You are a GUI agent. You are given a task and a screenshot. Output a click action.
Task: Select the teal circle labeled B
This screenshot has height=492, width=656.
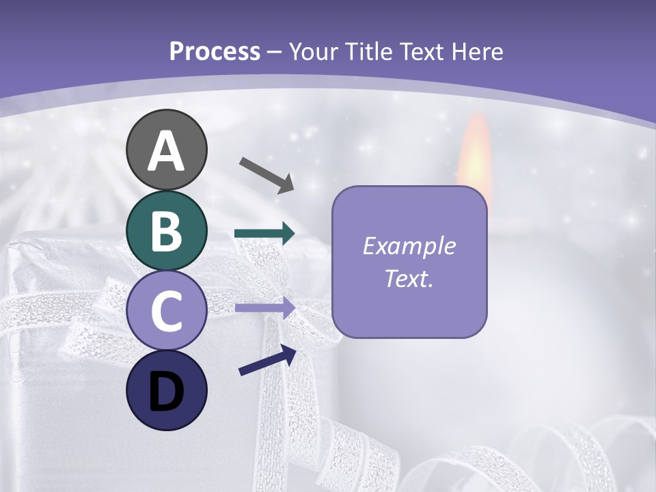point(166,231)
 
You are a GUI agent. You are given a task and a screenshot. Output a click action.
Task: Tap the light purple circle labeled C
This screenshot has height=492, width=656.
point(166,311)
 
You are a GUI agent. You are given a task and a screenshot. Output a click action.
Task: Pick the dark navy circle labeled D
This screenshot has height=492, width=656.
point(166,390)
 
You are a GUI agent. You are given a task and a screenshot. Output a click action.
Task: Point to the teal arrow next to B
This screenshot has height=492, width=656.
point(264,234)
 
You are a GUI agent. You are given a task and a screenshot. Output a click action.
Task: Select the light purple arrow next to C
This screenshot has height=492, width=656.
point(264,308)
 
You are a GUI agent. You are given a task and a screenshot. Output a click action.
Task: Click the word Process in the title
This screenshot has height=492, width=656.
point(215,51)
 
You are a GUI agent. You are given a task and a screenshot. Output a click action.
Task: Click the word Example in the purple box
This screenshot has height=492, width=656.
point(409,246)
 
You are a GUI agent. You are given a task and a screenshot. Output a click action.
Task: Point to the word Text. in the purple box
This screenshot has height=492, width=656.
point(409,279)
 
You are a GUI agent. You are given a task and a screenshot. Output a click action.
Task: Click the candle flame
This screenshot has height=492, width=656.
point(475,154)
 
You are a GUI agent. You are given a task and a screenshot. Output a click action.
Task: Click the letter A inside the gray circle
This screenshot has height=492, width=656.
point(166,152)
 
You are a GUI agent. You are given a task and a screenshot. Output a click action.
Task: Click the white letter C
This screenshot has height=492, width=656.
point(166,312)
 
